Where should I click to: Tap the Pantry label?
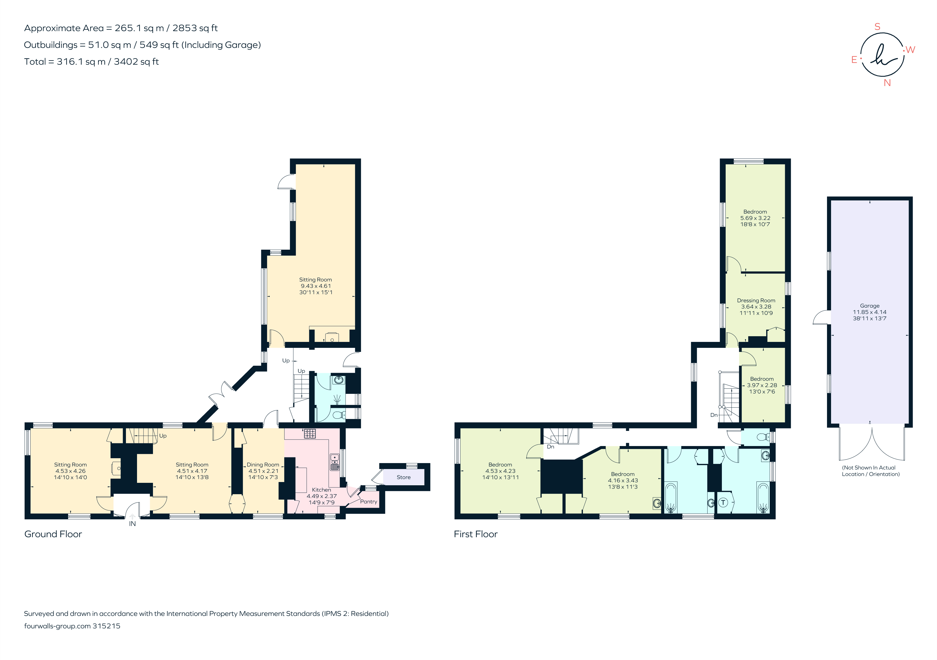coord(369,501)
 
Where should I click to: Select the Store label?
coord(404,477)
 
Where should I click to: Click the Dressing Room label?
coord(756,300)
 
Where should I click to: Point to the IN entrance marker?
coord(132,524)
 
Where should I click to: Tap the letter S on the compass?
coord(878,27)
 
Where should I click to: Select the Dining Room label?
coord(263,465)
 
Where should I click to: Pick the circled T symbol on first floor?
coord(723,502)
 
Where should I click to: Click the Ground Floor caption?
coord(53,534)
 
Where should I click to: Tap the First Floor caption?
coord(475,534)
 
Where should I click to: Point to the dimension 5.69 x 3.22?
coord(755,218)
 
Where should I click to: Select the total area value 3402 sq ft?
coord(136,62)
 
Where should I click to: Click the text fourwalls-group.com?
coord(57,626)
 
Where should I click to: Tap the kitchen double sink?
coord(334,462)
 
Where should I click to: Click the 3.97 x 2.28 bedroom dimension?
coord(762,385)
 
